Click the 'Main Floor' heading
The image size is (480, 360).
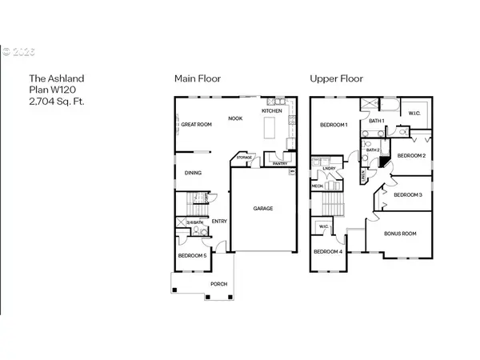pos(198,78)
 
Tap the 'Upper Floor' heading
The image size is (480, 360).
pos(336,78)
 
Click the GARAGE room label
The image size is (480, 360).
pos(263,208)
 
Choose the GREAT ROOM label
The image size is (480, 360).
pos(195,124)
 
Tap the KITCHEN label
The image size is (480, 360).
pos(272,110)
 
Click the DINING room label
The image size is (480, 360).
pos(193,172)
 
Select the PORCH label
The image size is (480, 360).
pos(219,284)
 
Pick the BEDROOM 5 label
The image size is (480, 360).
pos(193,255)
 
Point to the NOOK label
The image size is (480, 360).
pos(235,118)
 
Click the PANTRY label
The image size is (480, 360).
pos(279,164)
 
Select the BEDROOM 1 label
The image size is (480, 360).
pos(334,126)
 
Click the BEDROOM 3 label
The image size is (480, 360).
pos(408,194)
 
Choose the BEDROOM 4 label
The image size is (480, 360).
pos(328,252)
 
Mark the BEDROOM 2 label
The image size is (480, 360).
pos(411,155)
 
